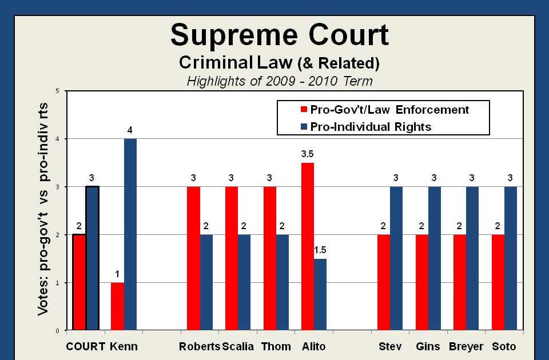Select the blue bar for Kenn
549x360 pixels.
[x=130, y=234]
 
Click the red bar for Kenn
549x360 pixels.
[x=117, y=306]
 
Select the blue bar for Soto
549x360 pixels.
[x=510, y=258]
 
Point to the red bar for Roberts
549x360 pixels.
[x=193, y=258]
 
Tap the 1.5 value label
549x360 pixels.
[x=320, y=250]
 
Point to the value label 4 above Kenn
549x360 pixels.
[x=130, y=130]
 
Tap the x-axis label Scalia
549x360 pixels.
[x=237, y=346]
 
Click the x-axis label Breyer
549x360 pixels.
[x=466, y=346]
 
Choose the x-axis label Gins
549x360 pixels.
[x=428, y=346]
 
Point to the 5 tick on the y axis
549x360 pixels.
[x=57, y=91]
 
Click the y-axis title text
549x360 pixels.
[x=43, y=209]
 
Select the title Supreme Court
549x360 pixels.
[x=280, y=35]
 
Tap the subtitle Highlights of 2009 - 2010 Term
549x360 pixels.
[x=280, y=81]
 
